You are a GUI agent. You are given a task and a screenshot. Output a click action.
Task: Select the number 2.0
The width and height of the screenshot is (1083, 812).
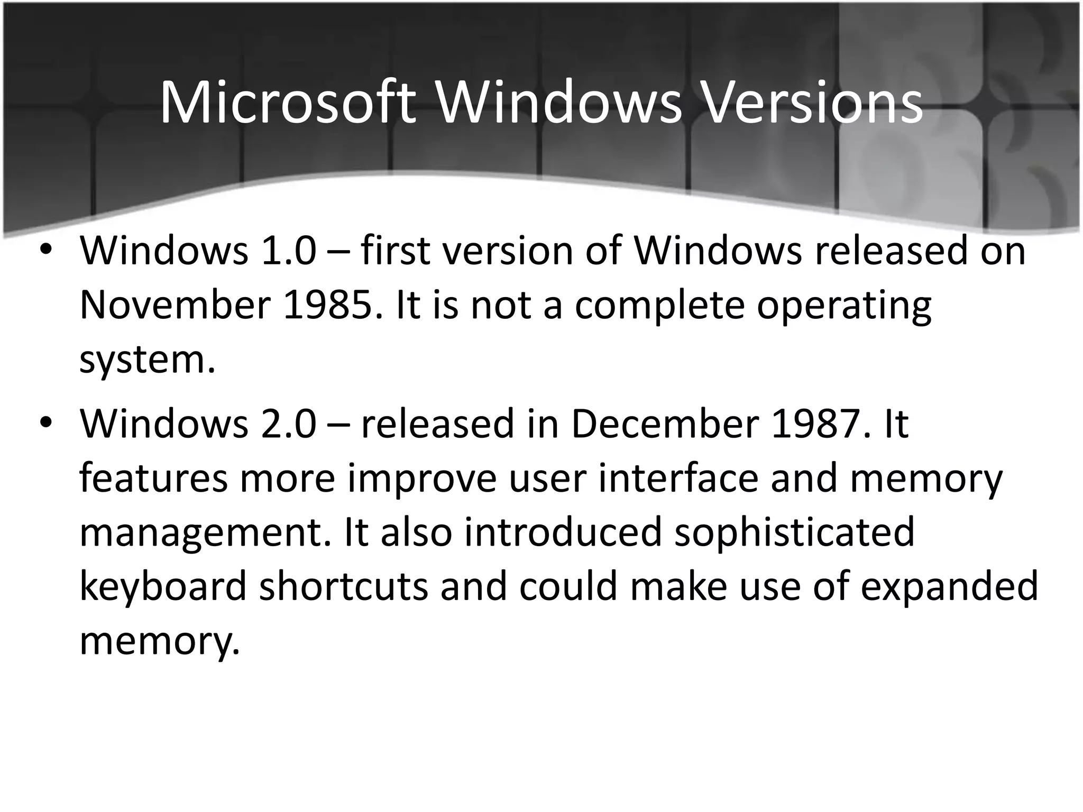288,424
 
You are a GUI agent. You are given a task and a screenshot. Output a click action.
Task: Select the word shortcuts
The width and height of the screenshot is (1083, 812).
343,587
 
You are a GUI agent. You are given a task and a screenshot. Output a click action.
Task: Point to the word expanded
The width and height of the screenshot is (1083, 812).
949,587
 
